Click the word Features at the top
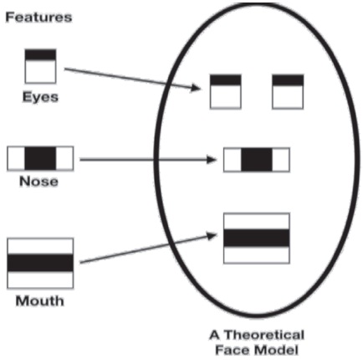click(38, 18)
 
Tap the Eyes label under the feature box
click(40, 97)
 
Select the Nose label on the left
click(38, 182)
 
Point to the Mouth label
click(40, 301)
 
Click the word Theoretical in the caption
click(264, 335)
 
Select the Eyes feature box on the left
click(40, 66)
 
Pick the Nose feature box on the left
click(40, 158)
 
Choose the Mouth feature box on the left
click(40, 263)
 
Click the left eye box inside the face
click(226, 91)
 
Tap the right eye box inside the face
click(288, 91)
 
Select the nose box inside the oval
click(257, 160)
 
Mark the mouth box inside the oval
click(257, 238)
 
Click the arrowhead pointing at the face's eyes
click(196, 88)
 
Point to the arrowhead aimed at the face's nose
click(212, 160)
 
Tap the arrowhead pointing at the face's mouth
click(212, 236)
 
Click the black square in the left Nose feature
click(40, 158)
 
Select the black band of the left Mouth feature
click(40, 263)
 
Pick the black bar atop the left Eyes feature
click(40, 54)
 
